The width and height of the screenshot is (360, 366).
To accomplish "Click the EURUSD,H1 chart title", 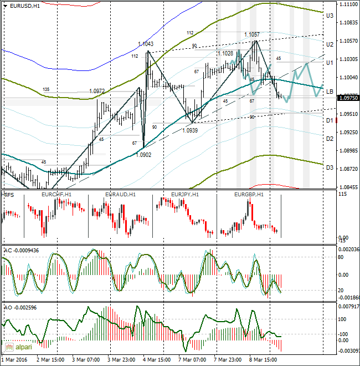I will pyautogui.click(x=24, y=6).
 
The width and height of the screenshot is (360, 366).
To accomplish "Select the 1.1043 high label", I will pyautogui.click(x=146, y=44).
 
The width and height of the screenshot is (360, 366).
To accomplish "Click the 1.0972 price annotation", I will pyautogui.click(x=97, y=90).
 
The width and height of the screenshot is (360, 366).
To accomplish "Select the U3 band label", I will pyautogui.click(x=329, y=16).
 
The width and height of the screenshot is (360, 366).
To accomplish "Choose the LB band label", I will pyautogui.click(x=329, y=91).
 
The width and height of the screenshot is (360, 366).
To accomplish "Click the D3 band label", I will pyautogui.click(x=329, y=167).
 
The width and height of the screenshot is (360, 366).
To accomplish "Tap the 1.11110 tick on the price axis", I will pyautogui.click(x=348, y=4).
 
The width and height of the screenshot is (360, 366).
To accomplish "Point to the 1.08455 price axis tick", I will pyautogui.click(x=348, y=187).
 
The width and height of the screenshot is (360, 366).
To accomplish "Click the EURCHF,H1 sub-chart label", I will pyautogui.click(x=55, y=195).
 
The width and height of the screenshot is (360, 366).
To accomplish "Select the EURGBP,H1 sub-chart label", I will pyautogui.click(x=248, y=195).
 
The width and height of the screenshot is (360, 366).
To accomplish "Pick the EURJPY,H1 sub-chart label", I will pyautogui.click(x=185, y=195).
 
